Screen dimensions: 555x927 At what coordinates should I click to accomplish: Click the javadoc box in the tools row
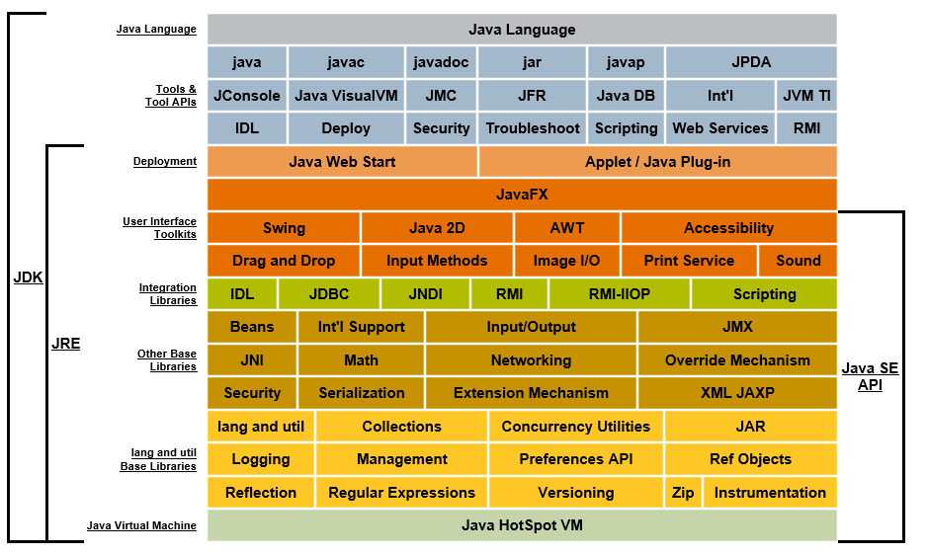441,62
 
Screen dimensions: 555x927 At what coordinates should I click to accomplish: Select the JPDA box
751,62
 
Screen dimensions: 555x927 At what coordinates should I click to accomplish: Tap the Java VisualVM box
346,96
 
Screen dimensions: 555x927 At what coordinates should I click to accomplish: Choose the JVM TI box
806,96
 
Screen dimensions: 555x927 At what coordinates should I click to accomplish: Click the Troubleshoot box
533,128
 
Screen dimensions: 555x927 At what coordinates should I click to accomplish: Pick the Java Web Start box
342,161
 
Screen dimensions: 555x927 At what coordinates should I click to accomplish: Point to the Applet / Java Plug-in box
657,161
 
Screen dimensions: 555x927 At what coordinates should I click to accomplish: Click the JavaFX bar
522,195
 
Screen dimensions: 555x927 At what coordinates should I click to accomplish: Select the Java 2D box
437,228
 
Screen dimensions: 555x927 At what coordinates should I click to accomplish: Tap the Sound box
798,261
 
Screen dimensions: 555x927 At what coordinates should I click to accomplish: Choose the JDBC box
329,294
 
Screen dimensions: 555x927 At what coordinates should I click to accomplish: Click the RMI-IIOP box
620,294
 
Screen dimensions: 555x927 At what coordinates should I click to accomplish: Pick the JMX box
737,327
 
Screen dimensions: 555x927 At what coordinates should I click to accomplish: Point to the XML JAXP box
737,393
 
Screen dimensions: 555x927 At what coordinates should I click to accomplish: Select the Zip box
683,493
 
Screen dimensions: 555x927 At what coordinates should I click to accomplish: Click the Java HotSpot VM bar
522,525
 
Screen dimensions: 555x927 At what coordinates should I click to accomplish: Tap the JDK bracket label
28,277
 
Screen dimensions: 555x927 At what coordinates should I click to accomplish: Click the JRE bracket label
65,345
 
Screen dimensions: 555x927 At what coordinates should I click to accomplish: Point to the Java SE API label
870,376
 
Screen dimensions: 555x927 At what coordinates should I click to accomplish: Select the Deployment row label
164,161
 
